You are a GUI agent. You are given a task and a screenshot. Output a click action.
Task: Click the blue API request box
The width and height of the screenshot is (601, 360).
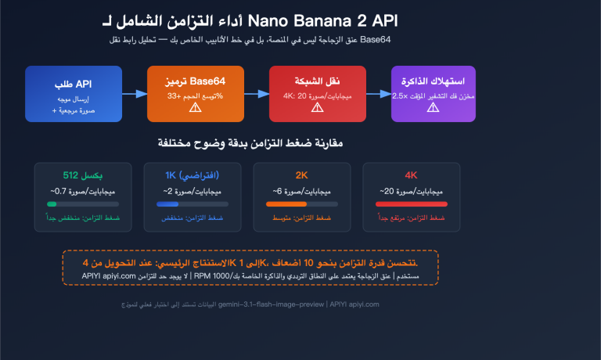(x=74, y=94)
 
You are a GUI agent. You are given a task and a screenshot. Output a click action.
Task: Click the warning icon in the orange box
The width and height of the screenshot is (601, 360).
(x=195, y=109)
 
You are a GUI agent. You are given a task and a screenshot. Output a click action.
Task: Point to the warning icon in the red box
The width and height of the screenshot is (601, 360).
(x=317, y=109)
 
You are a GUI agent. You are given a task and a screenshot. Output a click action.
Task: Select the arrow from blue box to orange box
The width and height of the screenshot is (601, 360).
(x=135, y=94)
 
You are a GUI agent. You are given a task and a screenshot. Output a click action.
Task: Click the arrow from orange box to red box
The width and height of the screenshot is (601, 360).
(x=257, y=94)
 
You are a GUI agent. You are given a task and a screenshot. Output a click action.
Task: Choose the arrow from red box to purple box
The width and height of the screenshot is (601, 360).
(x=378, y=94)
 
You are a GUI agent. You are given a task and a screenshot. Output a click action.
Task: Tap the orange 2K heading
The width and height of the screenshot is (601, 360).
(x=300, y=175)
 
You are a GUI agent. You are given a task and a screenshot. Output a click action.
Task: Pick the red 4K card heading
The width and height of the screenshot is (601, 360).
(x=411, y=175)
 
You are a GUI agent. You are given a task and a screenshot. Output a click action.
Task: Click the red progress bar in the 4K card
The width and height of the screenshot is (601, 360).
(x=411, y=205)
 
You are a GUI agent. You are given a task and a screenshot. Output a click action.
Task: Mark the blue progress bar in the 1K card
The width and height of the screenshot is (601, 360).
(x=167, y=205)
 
